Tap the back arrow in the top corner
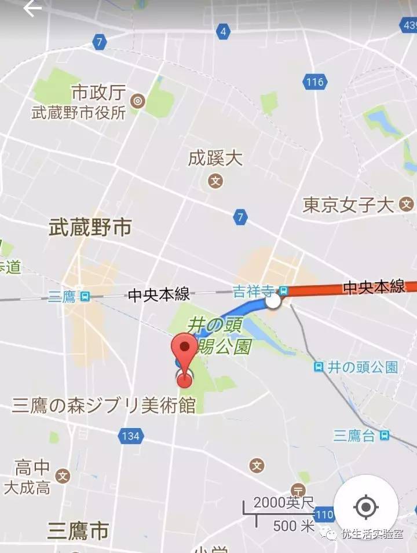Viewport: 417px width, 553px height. (32, 9)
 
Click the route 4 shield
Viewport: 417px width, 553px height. (223, 32)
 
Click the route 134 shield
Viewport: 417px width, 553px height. (130, 436)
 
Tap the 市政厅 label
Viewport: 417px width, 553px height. (98, 93)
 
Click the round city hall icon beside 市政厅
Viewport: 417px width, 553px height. (138, 102)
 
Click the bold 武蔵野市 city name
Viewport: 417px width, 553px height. (90, 227)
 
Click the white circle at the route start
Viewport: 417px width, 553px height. (273, 301)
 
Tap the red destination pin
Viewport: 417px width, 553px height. (184, 359)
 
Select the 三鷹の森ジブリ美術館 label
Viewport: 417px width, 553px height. (104, 405)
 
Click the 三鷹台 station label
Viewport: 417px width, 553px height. (354, 436)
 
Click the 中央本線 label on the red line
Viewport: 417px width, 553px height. (374, 287)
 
